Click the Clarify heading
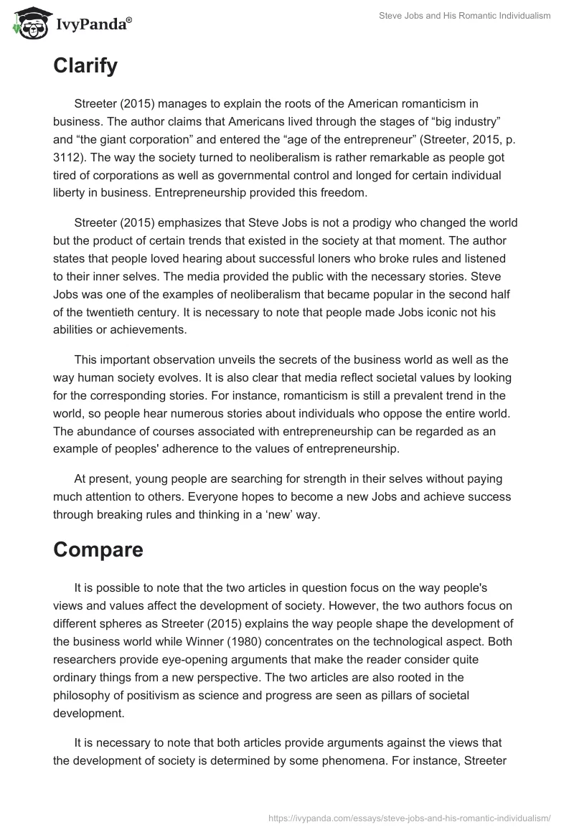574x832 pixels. [85, 67]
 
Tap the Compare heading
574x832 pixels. [98, 550]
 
